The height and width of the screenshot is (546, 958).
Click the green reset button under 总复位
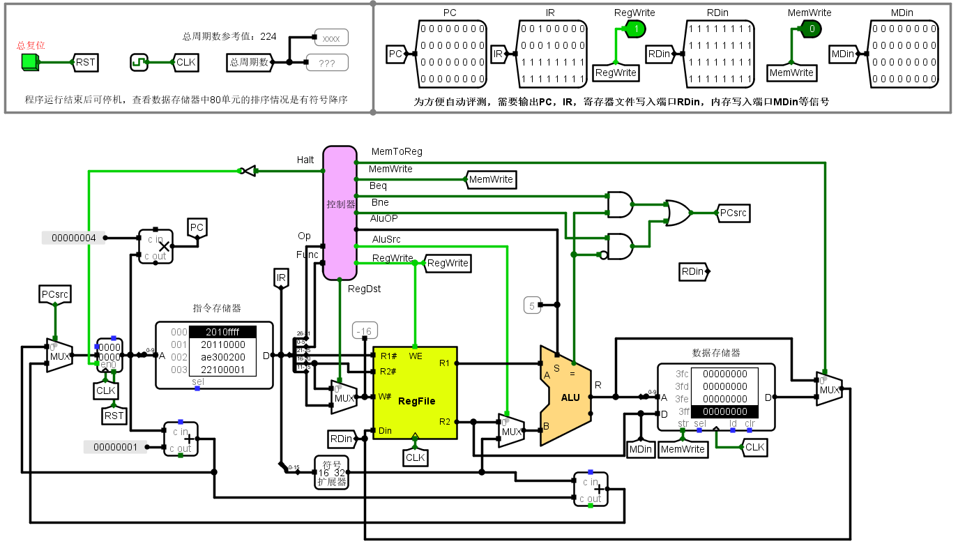click(x=29, y=62)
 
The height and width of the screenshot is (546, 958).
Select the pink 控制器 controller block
click(x=340, y=212)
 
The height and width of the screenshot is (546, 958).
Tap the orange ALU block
click(x=569, y=397)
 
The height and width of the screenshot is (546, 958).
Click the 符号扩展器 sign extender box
click(x=332, y=472)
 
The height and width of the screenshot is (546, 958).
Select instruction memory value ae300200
click(x=222, y=357)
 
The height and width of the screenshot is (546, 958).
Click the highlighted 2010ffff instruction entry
click(x=222, y=332)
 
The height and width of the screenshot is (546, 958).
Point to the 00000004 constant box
click(x=74, y=238)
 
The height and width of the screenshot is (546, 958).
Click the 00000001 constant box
click(x=116, y=447)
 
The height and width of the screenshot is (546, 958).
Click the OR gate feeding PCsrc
click(x=677, y=213)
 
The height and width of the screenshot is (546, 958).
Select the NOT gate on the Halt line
click(x=248, y=170)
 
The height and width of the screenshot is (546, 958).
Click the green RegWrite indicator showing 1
click(x=635, y=29)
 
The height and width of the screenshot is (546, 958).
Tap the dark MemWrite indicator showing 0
click(x=811, y=29)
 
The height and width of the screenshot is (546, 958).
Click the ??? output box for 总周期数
click(x=326, y=63)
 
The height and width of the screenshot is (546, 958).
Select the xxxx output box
click(x=331, y=38)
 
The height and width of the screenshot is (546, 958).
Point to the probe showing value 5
click(x=532, y=305)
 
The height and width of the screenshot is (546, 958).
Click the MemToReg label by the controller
click(x=397, y=151)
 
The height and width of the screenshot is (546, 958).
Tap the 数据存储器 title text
click(x=716, y=353)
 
